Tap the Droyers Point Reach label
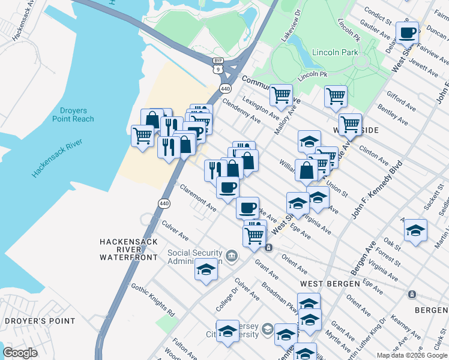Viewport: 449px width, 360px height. tap(77, 115)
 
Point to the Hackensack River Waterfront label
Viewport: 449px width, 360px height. tap(128, 249)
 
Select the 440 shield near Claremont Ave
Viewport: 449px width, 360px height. tap(164, 204)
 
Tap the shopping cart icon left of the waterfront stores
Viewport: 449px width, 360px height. tap(142, 135)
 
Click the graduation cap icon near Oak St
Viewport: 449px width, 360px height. tap(415, 230)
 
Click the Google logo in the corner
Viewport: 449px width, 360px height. tap(20, 353)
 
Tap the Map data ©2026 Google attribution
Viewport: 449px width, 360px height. tap(412, 355)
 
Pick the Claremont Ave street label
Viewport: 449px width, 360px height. tap(198, 198)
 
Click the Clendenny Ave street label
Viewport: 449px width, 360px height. tap(241, 111)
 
